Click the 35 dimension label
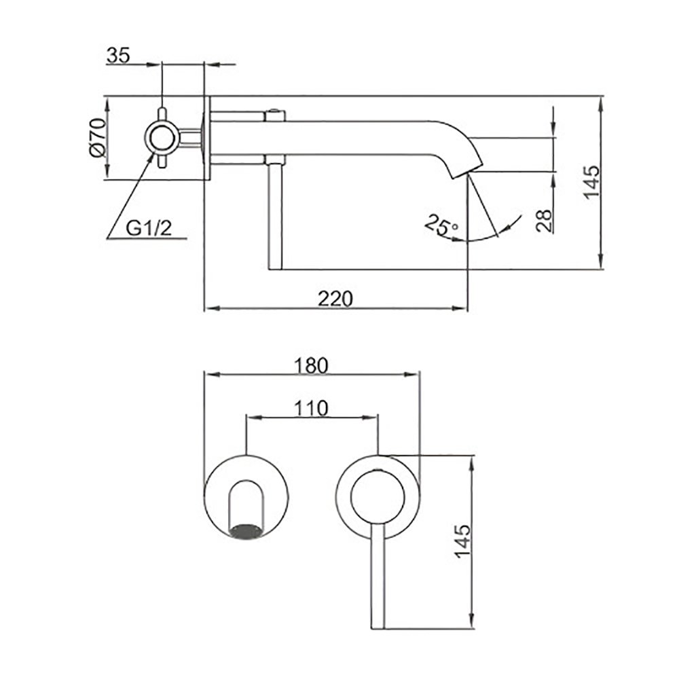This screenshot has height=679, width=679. coord(118,56)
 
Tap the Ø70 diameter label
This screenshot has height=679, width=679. coord(97,137)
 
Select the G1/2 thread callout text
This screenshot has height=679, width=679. coord(149,227)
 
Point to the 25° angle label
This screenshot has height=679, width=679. coord(441,225)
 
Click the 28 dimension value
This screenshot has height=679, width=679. coord(545,221)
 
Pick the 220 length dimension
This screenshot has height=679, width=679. coord(335,298)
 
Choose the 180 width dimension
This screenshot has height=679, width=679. coord(312,365)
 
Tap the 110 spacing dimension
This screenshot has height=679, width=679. coord(312,408)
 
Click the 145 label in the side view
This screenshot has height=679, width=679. coord(591,182)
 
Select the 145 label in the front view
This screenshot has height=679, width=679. coord(462,541)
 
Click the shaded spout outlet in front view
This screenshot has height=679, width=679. coord(246,531)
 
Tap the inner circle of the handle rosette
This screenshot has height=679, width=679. coord(378,497)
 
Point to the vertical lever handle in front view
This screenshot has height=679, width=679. coord(378,576)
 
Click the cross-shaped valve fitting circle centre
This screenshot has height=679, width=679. coord(162,138)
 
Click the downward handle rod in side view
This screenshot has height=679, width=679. coord(276,217)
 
